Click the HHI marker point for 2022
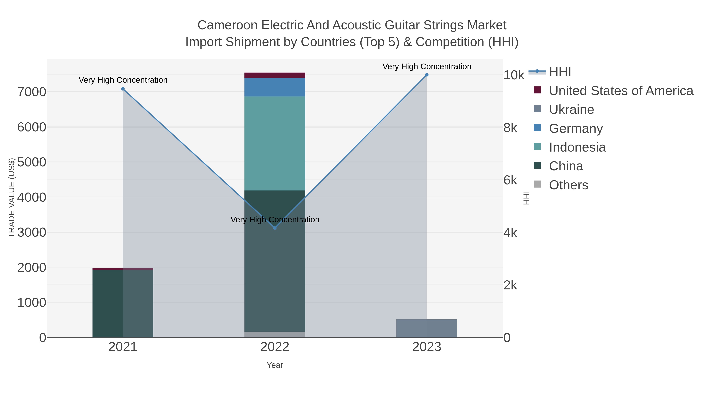pyautogui.click(x=275, y=228)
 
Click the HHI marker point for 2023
pyautogui.click(x=427, y=75)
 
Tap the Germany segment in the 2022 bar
pyautogui.click(x=275, y=87)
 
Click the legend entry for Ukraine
pyautogui.click(x=571, y=109)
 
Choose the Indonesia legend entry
pyautogui.click(x=577, y=147)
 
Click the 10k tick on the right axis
pyautogui.click(x=514, y=75)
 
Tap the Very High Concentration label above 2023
pyautogui.click(x=427, y=66)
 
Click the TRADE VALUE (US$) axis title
pyautogui.click(x=12, y=198)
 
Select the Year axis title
pyautogui.click(x=275, y=365)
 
